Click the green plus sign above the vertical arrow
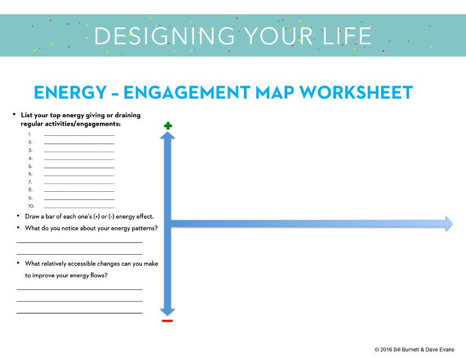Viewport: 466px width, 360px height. [x=168, y=126]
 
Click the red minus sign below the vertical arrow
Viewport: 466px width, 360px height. [x=167, y=321]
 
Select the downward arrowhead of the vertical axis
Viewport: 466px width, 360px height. [x=168, y=310]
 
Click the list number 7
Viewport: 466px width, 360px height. [x=31, y=182]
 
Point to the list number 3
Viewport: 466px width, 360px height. [x=31, y=150]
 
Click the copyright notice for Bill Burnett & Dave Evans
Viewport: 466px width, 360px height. [x=414, y=349]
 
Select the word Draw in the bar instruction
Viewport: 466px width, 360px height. [x=32, y=216]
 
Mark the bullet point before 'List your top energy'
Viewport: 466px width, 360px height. [x=14, y=115]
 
